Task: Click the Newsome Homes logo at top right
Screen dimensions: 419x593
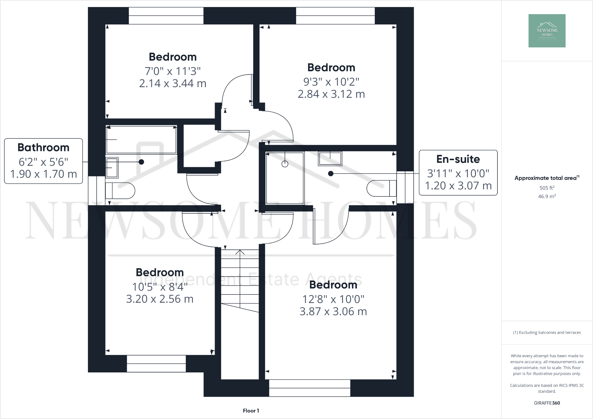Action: tap(547, 31)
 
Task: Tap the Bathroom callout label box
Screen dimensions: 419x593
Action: tap(43, 161)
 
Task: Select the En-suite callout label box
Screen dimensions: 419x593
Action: tap(458, 173)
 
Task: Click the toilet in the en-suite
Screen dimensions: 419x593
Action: tap(381, 188)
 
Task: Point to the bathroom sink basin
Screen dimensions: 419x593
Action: tap(112, 168)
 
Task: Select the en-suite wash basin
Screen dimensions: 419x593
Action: tap(330, 158)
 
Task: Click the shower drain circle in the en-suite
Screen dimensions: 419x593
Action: tap(285, 164)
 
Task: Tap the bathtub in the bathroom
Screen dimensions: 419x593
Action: tap(141, 140)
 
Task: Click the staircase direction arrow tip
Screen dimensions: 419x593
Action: tap(240, 250)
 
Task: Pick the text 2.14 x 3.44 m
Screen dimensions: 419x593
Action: tap(173, 83)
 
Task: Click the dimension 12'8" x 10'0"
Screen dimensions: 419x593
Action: tap(333, 299)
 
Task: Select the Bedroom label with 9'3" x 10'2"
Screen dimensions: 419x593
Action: tap(331, 67)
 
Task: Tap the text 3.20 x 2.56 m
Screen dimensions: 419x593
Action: tap(160, 299)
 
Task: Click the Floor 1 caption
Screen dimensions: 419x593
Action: tap(251, 411)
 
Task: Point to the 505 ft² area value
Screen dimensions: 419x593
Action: tap(547, 188)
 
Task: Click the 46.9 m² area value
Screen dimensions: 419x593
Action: tap(547, 196)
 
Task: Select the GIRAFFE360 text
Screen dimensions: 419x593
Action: tap(547, 403)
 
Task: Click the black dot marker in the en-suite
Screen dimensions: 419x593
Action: tap(331, 174)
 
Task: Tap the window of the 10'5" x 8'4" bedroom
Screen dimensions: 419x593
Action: tap(156, 364)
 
